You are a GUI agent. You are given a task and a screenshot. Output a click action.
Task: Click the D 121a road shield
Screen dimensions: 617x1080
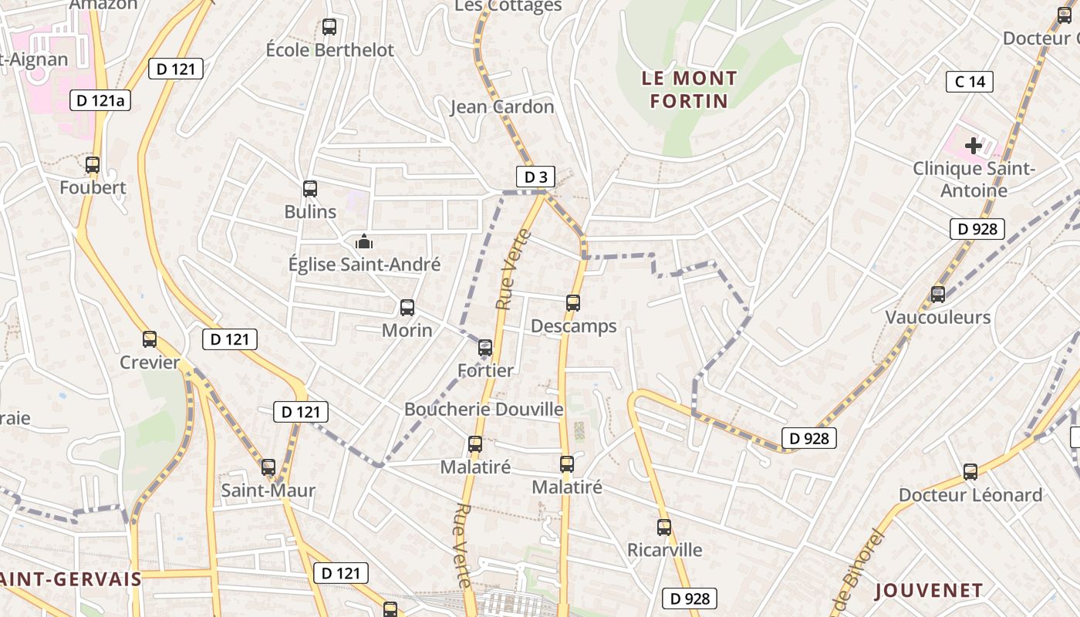[x=100, y=100]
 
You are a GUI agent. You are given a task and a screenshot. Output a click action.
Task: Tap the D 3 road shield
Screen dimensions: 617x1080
[x=535, y=177]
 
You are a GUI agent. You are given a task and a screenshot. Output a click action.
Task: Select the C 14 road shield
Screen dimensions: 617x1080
[x=970, y=81]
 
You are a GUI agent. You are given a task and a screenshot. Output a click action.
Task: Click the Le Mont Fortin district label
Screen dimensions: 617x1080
[x=689, y=89]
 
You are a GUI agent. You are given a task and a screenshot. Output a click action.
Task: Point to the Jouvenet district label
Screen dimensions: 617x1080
[x=929, y=591]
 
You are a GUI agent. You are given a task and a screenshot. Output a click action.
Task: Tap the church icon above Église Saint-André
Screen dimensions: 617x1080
[x=364, y=242]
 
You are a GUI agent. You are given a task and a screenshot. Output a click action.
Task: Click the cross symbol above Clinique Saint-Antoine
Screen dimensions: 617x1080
[x=974, y=145]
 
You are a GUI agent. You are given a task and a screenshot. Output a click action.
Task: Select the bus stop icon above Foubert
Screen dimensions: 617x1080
[x=93, y=164]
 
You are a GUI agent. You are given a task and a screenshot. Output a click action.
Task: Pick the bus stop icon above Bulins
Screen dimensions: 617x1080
[x=310, y=188]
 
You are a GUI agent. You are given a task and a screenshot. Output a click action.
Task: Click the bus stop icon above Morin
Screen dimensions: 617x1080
[x=407, y=308]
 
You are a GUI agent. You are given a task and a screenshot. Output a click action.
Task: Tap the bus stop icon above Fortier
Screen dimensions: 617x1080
[x=485, y=348]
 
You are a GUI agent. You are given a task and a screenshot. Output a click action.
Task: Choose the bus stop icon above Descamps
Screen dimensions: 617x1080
[x=573, y=303]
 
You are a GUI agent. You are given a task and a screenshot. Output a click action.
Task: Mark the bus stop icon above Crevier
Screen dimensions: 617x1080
[x=150, y=339]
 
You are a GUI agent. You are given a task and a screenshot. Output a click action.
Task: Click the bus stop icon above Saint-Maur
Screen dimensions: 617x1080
[x=268, y=467]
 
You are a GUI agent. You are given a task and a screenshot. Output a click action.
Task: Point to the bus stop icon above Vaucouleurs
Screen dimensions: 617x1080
[x=938, y=294]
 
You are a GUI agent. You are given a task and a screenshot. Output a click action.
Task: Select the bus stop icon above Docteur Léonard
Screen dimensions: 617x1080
[x=970, y=471]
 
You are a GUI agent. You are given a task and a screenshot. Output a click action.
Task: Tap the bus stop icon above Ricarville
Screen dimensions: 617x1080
[x=664, y=528]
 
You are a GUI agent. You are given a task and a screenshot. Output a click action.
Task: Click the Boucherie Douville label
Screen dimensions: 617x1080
[x=484, y=409]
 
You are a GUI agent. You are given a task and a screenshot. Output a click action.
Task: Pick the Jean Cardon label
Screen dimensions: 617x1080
[x=502, y=106]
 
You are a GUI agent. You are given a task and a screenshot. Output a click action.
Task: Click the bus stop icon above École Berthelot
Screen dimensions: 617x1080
[x=329, y=27]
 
